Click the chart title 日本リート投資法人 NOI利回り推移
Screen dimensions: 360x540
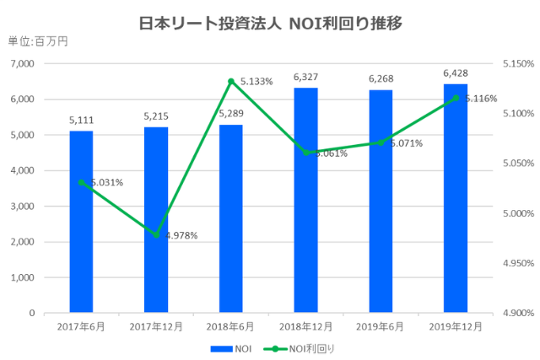tap(269, 23)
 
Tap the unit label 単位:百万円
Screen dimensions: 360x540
tap(38, 40)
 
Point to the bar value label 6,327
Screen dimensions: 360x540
tap(305, 77)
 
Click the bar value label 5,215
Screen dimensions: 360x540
tap(156, 116)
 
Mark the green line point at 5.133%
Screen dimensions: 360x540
tap(230, 81)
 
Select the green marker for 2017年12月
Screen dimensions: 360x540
tap(156, 234)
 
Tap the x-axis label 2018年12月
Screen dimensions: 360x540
tap(305, 326)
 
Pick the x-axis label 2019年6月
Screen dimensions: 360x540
tap(380, 326)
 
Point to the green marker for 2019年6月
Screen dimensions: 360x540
tap(380, 142)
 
